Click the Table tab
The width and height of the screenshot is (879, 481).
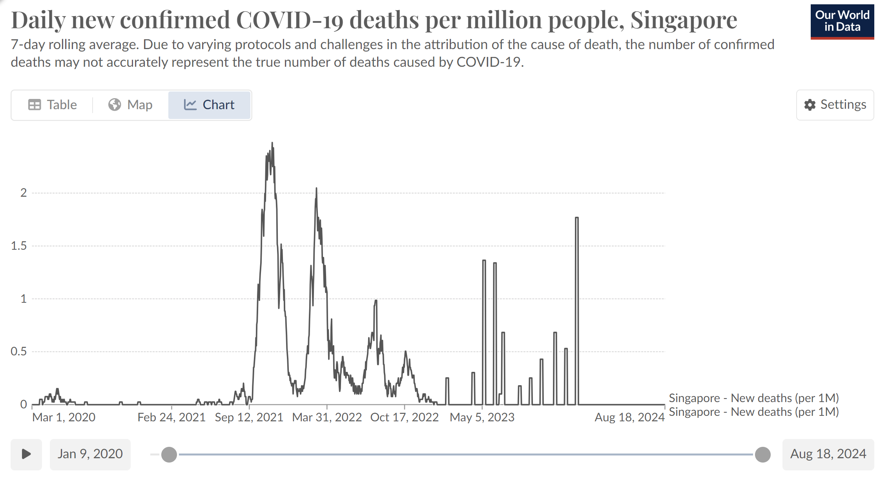(x=53, y=105)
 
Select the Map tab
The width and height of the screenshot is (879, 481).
(x=130, y=105)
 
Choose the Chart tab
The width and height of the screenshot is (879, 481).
(x=209, y=105)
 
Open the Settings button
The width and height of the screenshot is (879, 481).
(x=835, y=105)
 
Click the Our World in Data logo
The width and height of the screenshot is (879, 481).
(x=842, y=21)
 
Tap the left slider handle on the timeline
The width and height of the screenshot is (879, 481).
(x=169, y=455)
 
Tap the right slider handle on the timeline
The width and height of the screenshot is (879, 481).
(x=763, y=455)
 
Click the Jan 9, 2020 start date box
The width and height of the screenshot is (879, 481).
(x=90, y=454)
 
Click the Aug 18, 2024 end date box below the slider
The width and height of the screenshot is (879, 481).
(x=828, y=454)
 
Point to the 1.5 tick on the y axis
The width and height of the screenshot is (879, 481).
(x=19, y=246)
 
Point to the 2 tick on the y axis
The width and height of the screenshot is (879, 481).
(x=24, y=193)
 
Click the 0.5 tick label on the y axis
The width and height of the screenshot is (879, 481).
(x=19, y=351)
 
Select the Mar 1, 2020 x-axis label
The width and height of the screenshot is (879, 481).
(x=64, y=417)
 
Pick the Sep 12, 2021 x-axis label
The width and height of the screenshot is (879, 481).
(x=249, y=417)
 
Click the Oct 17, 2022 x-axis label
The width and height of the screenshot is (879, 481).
(x=404, y=417)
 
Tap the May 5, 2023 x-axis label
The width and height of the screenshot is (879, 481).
(x=482, y=417)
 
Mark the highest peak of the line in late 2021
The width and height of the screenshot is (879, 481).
(x=272, y=143)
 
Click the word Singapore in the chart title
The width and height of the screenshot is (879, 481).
(x=684, y=20)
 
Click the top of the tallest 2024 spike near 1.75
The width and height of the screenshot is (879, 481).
(x=577, y=218)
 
